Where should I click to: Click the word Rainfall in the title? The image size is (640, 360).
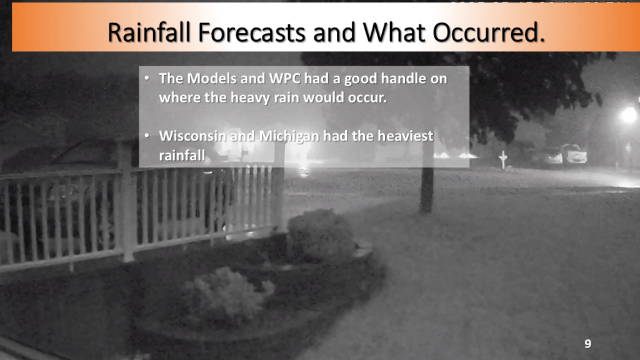click(149, 32)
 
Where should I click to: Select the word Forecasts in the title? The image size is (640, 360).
click(252, 32)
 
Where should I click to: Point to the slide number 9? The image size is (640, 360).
click(587, 344)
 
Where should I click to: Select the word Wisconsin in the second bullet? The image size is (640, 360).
click(192, 136)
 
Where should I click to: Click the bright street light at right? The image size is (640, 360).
click(629, 116)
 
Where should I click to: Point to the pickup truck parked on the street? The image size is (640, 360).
click(574, 154)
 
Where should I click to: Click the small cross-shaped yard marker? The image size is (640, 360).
click(503, 159)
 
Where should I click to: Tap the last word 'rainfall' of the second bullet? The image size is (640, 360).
click(182, 155)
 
